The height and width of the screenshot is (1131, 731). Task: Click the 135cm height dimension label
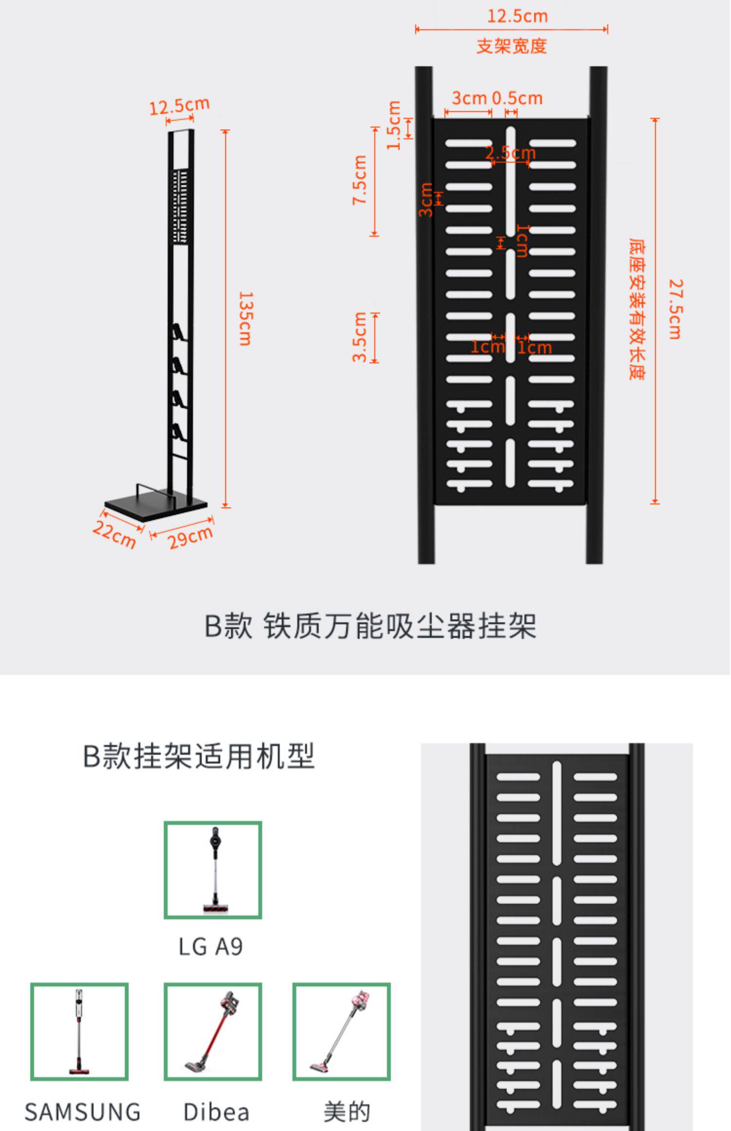[245, 319]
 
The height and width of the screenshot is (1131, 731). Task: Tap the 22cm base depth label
[114, 534]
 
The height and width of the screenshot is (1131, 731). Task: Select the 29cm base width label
[190, 537]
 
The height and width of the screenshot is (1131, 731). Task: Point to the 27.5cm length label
[675, 309]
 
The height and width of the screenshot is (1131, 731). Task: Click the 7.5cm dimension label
[360, 180]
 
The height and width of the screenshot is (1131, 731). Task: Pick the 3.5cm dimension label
[360, 337]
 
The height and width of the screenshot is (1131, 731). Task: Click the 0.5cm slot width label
[517, 98]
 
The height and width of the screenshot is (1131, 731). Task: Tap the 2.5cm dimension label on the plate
[510, 153]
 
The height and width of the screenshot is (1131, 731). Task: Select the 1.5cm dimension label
[394, 126]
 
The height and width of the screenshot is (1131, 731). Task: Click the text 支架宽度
[512, 46]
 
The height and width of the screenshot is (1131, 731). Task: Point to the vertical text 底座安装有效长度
[636, 309]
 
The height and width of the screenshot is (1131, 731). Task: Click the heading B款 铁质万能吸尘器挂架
[370, 626]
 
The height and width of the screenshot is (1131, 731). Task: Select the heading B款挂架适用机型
[199, 756]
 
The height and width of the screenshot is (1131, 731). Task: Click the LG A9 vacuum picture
[213, 870]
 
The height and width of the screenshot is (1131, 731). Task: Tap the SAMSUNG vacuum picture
[79, 1032]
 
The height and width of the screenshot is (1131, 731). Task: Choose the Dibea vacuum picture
[213, 1032]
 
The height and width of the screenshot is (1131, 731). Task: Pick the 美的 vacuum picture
[341, 1032]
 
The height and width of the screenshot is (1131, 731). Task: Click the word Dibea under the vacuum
[216, 1112]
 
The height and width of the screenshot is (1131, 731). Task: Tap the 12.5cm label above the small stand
[179, 106]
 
